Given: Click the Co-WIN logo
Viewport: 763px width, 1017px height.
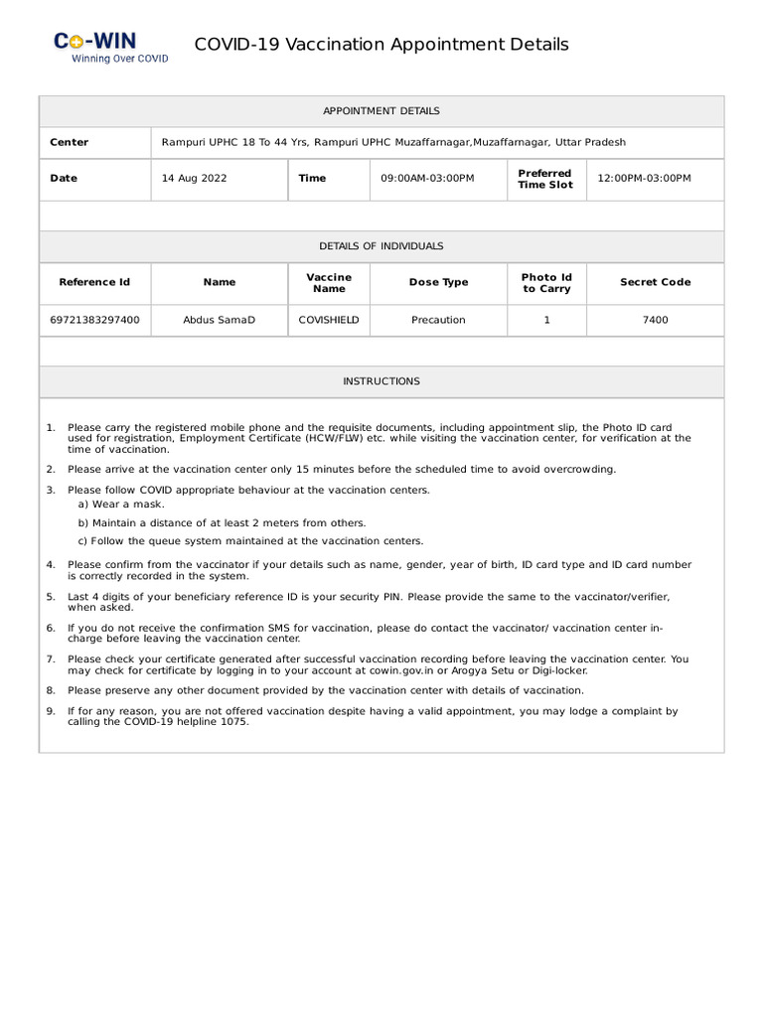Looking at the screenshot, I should [109, 47].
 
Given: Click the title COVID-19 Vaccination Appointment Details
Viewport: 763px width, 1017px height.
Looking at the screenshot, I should [381, 45].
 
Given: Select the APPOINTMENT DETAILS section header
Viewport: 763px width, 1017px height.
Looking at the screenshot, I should [381, 111].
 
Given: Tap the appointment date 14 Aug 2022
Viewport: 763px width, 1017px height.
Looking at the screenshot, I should [195, 179].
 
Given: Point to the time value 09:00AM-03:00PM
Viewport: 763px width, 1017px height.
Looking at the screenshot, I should [427, 179].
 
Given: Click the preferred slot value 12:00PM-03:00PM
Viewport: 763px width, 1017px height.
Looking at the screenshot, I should [644, 179].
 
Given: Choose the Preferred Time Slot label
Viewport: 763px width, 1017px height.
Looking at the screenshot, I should [545, 179].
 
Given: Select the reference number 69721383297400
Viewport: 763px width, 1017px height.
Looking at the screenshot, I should [94, 320].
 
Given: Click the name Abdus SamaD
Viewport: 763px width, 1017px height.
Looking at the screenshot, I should [220, 320].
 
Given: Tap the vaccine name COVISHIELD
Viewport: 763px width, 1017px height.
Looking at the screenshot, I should [329, 320].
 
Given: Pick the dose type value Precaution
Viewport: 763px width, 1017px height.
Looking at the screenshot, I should [438, 320].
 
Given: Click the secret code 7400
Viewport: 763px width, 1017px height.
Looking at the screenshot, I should [655, 320].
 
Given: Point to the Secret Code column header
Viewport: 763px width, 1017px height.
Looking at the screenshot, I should [655, 282].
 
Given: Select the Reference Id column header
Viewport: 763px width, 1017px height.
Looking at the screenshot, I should [94, 282].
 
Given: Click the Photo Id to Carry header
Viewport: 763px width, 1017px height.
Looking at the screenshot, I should [546, 282].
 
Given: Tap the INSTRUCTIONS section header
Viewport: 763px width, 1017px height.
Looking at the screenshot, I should [381, 381].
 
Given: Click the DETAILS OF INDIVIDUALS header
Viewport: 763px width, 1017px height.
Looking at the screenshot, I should [381, 246].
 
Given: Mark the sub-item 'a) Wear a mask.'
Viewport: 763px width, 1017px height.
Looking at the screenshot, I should [121, 505].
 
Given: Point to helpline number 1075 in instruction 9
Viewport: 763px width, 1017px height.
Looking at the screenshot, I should [235, 722].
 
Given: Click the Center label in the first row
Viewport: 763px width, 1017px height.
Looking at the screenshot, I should [70, 143].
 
